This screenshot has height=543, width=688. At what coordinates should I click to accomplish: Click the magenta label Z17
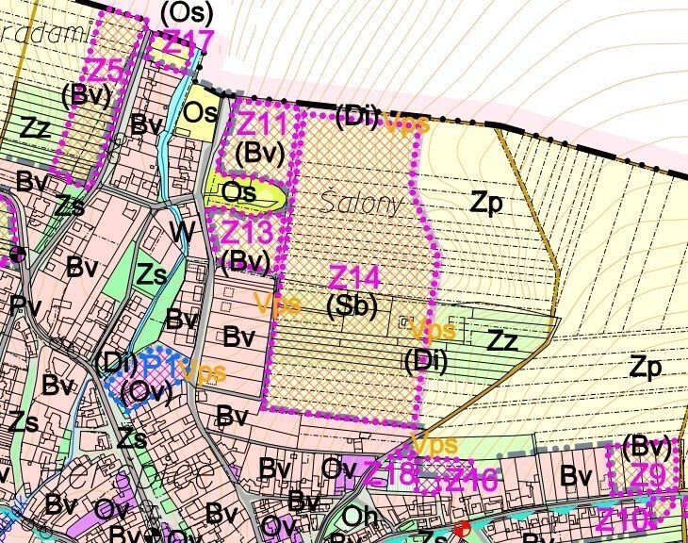pyautogui.click(x=189, y=41)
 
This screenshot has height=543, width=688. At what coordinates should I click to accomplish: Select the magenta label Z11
pyautogui.click(x=261, y=123)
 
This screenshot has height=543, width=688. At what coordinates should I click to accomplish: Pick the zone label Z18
pyautogui.click(x=388, y=475)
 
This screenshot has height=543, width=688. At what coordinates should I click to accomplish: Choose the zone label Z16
pyautogui.click(x=471, y=480)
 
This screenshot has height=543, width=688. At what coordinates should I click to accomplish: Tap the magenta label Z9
pyautogui.click(x=647, y=476)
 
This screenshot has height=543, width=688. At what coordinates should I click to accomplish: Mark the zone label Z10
pyautogui.click(x=622, y=518)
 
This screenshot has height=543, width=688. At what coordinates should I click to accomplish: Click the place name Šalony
pyautogui.click(x=362, y=204)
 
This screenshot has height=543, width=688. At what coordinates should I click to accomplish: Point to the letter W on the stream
pyautogui.click(x=182, y=230)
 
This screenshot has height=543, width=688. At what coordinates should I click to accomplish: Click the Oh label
pyautogui.click(x=360, y=516)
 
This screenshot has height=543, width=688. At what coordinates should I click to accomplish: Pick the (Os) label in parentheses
pyautogui.click(x=187, y=13)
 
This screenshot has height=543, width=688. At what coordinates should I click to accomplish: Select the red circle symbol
pyautogui.click(x=461, y=530)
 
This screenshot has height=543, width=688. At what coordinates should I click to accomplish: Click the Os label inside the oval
pyautogui.click(x=239, y=192)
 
